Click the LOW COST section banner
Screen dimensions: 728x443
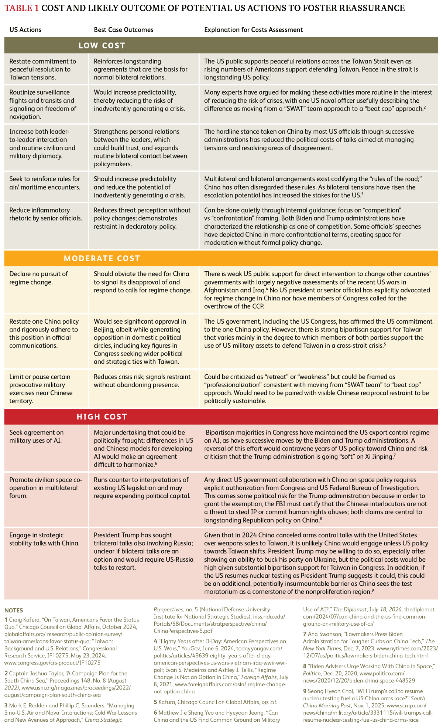(102, 46)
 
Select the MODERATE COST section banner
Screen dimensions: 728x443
(102, 258)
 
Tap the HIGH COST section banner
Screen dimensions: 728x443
(102, 417)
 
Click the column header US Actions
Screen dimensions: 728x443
(25, 30)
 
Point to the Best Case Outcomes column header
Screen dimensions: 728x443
(123, 30)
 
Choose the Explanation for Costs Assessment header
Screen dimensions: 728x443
(253, 30)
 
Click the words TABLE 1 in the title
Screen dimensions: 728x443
(21, 8)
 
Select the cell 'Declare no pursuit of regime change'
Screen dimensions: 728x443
(39, 278)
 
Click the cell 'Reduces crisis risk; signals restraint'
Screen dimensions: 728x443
(142, 381)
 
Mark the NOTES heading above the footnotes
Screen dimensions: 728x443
(14, 610)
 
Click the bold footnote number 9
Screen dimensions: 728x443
(305, 691)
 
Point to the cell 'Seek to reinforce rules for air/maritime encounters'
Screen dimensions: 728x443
(45, 183)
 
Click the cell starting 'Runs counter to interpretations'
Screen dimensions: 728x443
(142, 488)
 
